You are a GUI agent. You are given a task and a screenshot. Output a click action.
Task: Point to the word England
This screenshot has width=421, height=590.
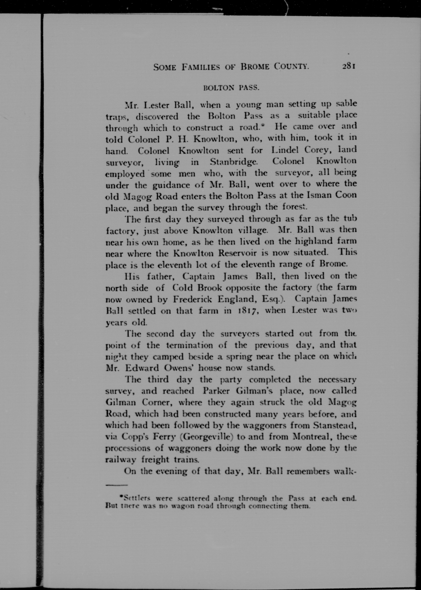click(x=237, y=299)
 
